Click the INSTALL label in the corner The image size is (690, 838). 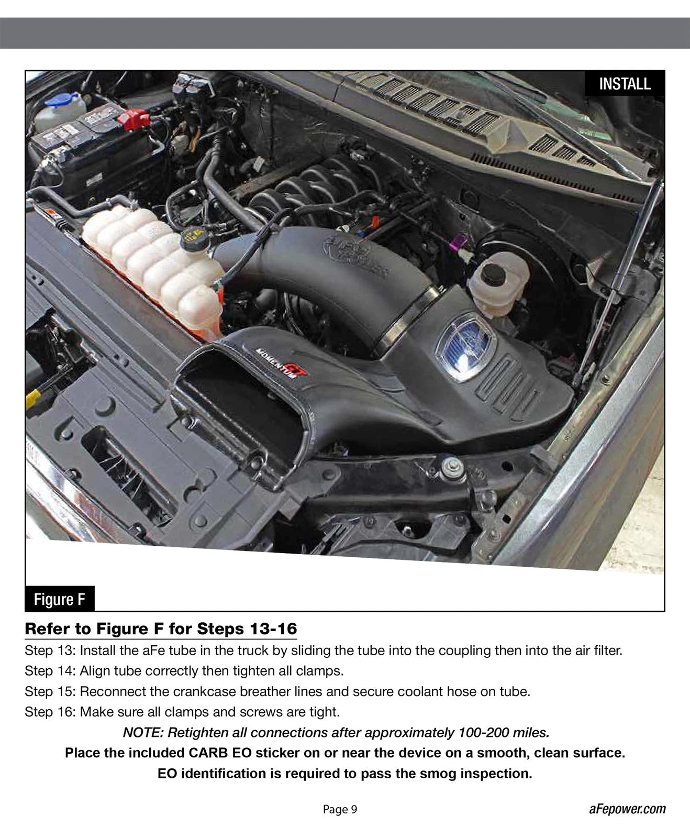pos(625,84)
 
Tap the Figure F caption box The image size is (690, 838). pos(59,599)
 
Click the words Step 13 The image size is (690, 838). pos(50,651)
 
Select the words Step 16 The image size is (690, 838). pos(50,712)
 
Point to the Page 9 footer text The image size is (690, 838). pos(340,809)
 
